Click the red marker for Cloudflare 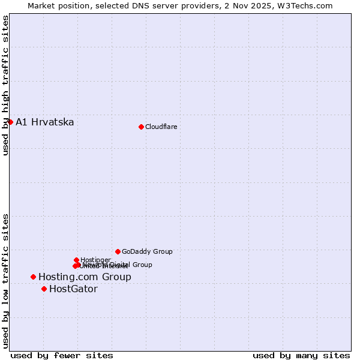tap(141, 127)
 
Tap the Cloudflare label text tap(161, 127)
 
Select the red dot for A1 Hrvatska tap(10, 122)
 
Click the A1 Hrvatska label tap(45, 122)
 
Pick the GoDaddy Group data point tap(118, 251)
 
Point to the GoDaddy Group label tap(147, 251)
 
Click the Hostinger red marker tap(76, 260)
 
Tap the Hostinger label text tap(95, 260)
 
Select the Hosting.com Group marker tap(33, 277)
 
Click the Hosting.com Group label tap(85, 277)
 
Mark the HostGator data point tap(44, 289)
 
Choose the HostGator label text tap(73, 289)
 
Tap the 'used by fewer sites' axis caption tap(62, 355)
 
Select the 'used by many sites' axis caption tap(301, 355)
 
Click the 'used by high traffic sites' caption tap(6, 85)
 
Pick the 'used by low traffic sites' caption tap(6, 280)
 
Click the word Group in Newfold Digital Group tap(142, 265)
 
